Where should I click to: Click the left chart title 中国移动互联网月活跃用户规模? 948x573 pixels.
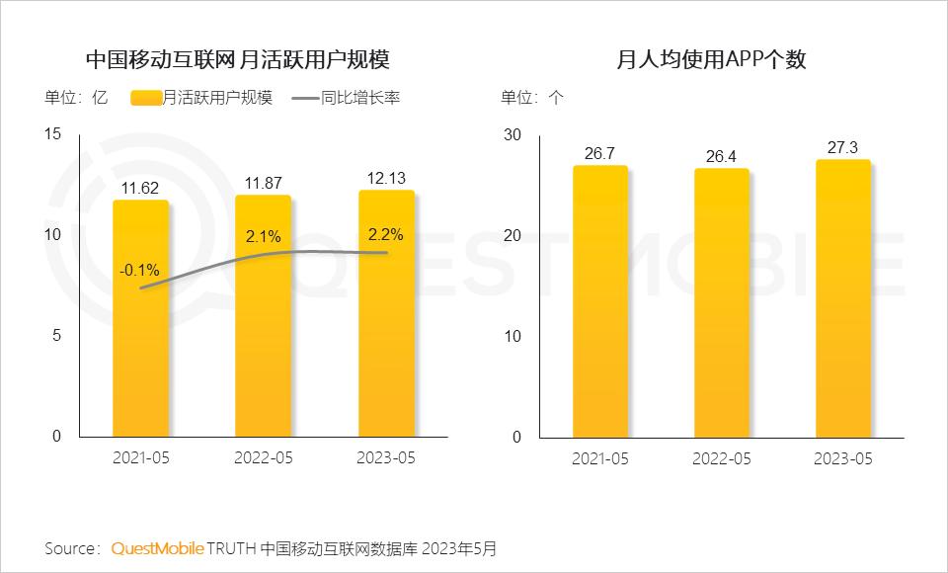click(237, 60)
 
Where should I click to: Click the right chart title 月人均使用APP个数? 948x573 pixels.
click(711, 60)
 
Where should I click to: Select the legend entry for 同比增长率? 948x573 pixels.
click(359, 98)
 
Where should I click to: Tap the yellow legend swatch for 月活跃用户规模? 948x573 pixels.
click(145, 98)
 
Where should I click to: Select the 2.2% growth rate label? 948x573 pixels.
click(386, 235)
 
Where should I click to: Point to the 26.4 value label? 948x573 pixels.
click(722, 156)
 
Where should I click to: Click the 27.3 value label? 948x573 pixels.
click(844, 147)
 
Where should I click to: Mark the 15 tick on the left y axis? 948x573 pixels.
click(53, 133)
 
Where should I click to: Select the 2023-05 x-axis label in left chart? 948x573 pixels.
click(386, 458)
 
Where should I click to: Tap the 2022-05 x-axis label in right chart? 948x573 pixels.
click(722, 458)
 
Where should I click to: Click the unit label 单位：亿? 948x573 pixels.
click(75, 98)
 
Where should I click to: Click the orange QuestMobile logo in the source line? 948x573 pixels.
click(157, 547)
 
